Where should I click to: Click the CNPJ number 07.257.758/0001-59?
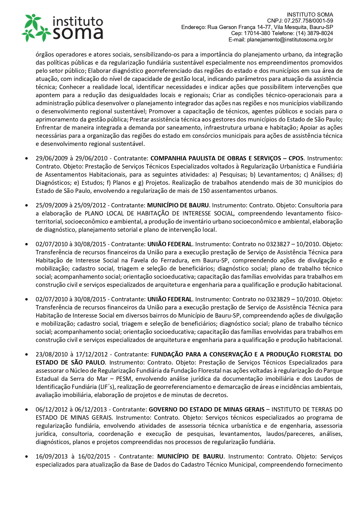(x=308, y=21)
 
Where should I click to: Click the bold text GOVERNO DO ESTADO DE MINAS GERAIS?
(x=207, y=410)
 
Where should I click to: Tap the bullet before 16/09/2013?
(x=27, y=457)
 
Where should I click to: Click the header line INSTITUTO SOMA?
(x=310, y=15)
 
